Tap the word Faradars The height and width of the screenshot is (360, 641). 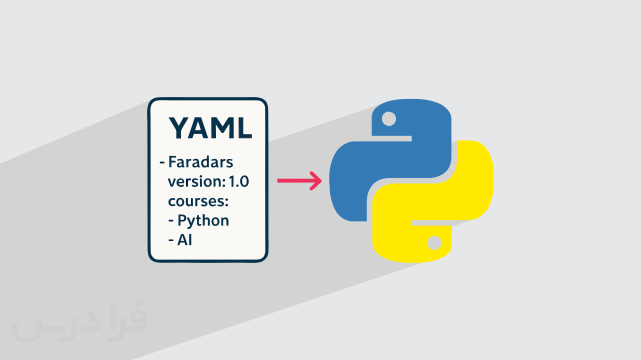coord(201,162)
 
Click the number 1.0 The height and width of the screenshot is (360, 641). coord(238,182)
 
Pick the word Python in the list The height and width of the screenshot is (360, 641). coord(203,220)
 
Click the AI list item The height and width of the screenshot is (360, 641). coord(184,240)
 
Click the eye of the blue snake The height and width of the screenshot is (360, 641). coord(388,119)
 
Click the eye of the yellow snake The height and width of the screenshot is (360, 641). coord(434,243)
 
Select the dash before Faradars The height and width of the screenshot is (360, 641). coord(162,163)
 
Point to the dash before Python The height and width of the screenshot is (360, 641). coord(171,220)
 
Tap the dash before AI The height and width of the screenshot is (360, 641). coord(171,240)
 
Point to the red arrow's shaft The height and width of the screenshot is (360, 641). coord(292,181)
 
